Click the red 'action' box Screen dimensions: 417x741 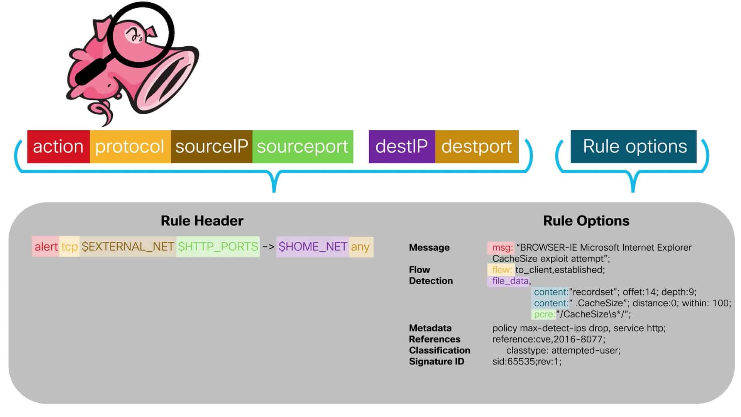[x=58, y=147]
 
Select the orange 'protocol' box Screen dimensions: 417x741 [x=130, y=147]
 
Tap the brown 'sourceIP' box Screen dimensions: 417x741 [x=211, y=147]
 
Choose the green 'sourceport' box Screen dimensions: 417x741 [x=303, y=147]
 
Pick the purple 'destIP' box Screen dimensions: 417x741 [x=402, y=147]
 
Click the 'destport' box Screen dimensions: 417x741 [x=477, y=147]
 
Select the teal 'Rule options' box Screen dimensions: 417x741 [x=633, y=147]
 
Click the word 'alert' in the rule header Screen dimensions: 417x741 [x=46, y=247]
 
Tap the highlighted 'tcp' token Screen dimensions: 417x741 [x=69, y=247]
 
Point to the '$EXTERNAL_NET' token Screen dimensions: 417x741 [x=128, y=247]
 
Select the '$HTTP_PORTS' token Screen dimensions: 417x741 [x=218, y=247]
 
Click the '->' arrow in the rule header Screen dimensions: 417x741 [x=268, y=247]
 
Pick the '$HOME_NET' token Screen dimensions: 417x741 [x=313, y=247]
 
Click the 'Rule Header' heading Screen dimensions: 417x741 [x=202, y=221]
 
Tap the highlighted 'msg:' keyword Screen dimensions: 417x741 [x=502, y=247]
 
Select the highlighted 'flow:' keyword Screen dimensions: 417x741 [x=502, y=270]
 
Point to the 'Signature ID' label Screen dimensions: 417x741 [x=436, y=362]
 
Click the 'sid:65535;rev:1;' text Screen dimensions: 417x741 [x=526, y=362]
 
